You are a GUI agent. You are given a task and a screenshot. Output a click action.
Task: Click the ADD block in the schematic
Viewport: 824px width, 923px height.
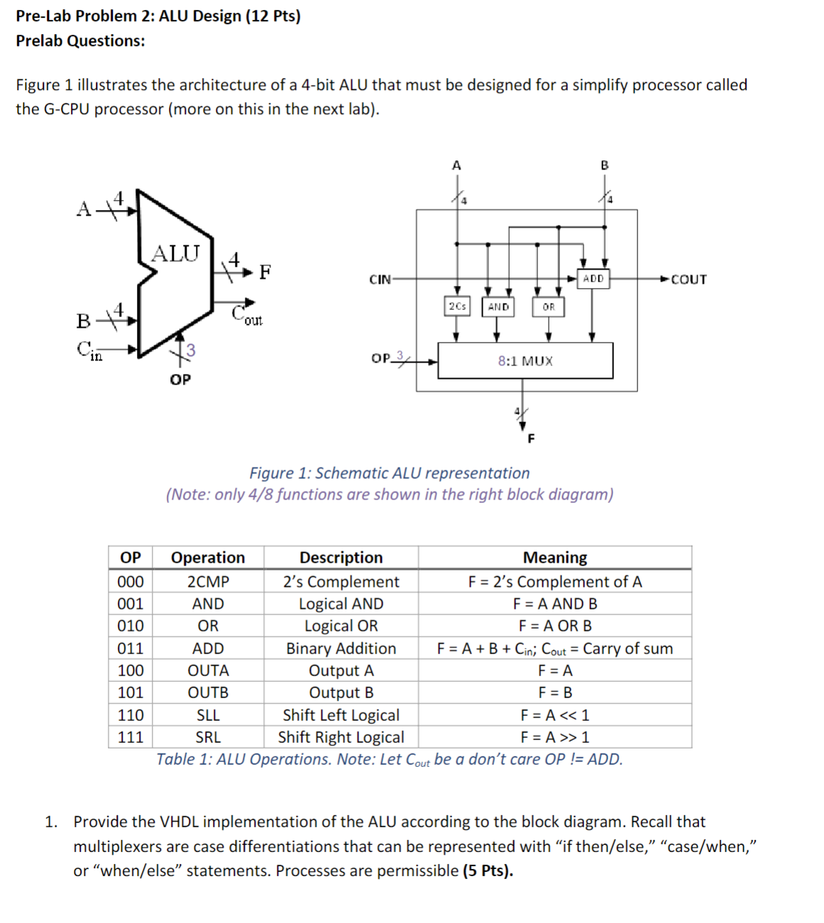(593, 279)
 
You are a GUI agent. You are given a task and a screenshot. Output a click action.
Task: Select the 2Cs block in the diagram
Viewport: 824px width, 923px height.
(457, 306)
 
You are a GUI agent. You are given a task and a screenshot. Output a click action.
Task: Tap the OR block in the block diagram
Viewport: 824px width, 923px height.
(549, 307)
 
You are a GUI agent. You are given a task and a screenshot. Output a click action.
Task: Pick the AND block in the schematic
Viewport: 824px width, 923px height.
(498, 307)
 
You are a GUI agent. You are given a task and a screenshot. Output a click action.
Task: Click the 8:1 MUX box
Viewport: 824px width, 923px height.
(525, 360)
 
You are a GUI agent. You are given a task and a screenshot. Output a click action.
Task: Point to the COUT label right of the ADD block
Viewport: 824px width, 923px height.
(688, 280)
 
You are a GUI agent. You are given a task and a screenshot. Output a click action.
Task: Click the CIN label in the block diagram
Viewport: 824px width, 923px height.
(380, 280)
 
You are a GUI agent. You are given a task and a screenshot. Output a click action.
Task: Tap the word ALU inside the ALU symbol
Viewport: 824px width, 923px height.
(176, 253)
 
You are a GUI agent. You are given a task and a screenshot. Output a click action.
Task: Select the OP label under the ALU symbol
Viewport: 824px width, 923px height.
(180, 380)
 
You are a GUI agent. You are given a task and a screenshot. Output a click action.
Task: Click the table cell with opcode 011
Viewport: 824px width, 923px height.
(131, 648)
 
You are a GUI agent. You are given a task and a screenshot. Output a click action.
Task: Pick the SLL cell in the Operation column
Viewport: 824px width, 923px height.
(208, 715)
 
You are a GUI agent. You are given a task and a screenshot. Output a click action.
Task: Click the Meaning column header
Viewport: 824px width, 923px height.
(555, 558)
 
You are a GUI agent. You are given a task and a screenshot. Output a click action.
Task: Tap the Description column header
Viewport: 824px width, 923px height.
(341, 558)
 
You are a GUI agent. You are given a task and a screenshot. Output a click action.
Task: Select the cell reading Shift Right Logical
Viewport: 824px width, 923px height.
(341, 737)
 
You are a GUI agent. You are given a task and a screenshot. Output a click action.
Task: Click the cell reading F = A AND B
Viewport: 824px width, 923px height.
(555, 604)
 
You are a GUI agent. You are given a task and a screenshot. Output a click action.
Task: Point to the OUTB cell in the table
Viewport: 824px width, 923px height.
(208, 692)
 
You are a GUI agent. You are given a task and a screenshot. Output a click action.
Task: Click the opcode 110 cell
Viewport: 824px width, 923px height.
(131, 715)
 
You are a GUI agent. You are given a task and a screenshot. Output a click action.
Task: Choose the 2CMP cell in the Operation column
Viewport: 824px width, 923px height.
(208, 582)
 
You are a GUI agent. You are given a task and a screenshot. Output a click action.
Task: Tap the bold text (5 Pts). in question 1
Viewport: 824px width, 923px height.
(488, 871)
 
